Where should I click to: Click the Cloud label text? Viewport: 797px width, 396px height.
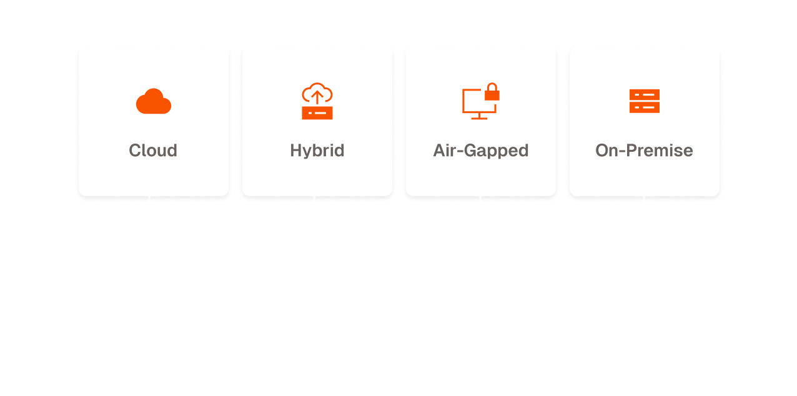[153, 151]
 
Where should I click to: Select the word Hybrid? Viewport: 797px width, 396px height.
[317, 151]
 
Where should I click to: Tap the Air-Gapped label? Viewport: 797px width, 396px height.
[480, 151]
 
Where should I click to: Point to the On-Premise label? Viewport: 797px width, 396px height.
[644, 151]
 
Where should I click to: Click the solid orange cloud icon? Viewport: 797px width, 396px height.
[153, 101]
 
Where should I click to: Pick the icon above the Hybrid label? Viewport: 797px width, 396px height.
[317, 101]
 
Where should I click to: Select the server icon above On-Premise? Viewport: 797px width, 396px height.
[645, 101]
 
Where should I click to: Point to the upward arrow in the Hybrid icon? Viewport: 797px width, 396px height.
[317, 96]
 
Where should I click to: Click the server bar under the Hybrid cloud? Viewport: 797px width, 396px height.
[317, 113]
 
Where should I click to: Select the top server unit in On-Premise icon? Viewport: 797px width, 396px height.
[645, 95]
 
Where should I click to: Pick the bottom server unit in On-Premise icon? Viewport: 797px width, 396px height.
[645, 107]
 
